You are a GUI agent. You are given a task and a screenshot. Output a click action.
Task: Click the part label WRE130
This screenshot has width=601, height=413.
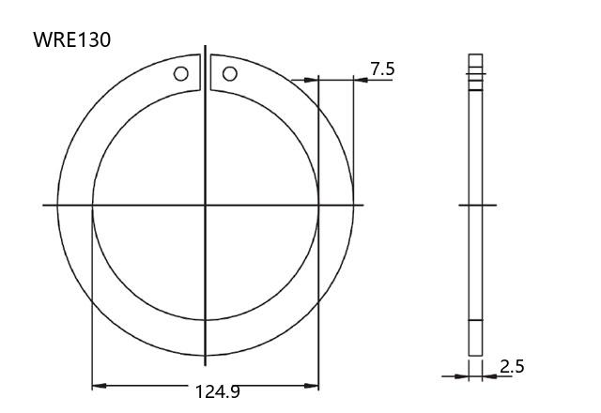(x=72, y=39)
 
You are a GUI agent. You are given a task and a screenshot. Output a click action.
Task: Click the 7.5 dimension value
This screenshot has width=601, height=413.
(x=382, y=69)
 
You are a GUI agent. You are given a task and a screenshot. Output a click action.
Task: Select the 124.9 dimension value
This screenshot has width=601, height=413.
(x=217, y=391)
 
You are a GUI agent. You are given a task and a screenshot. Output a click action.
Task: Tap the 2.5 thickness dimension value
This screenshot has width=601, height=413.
(x=512, y=367)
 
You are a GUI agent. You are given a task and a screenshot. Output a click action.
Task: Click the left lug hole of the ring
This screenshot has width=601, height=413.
(x=181, y=73)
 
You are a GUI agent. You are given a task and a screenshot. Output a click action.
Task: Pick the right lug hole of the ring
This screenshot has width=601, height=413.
(x=229, y=73)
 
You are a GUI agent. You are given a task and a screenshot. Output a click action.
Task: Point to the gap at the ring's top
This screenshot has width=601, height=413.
(x=206, y=73)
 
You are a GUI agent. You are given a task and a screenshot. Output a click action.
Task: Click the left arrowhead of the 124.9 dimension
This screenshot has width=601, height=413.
(x=99, y=386)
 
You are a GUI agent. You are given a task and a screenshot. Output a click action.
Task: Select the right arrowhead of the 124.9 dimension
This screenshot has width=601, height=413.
(x=311, y=386)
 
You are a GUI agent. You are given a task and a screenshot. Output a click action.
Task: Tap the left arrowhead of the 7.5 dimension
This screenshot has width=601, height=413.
(x=311, y=80)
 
